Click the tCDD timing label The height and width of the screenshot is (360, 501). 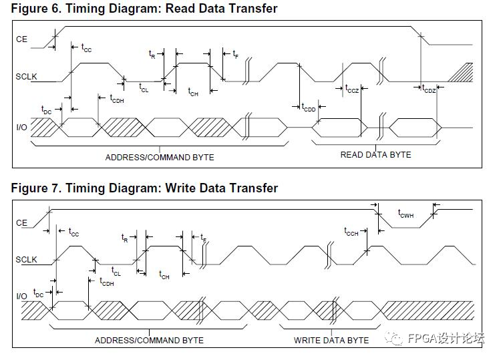[309, 108]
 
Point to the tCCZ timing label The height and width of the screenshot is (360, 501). [352, 89]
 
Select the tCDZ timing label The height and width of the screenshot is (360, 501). [429, 89]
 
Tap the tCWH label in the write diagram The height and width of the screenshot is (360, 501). [406, 214]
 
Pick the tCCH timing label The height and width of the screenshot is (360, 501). [351, 232]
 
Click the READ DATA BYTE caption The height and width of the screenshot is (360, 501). [375, 155]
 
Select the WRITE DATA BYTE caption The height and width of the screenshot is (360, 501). [331, 340]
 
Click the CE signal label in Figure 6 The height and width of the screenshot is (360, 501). [21, 39]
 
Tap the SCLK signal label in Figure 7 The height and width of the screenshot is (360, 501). [27, 259]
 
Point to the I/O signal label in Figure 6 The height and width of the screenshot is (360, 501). [21, 127]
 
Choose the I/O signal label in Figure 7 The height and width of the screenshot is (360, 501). [21, 296]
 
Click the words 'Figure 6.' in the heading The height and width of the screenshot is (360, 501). [33, 9]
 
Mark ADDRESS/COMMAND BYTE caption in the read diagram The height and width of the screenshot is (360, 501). [160, 158]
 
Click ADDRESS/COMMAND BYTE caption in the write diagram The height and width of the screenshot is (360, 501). [149, 340]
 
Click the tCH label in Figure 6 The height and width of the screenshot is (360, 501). [193, 92]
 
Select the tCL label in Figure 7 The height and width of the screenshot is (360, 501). [116, 273]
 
